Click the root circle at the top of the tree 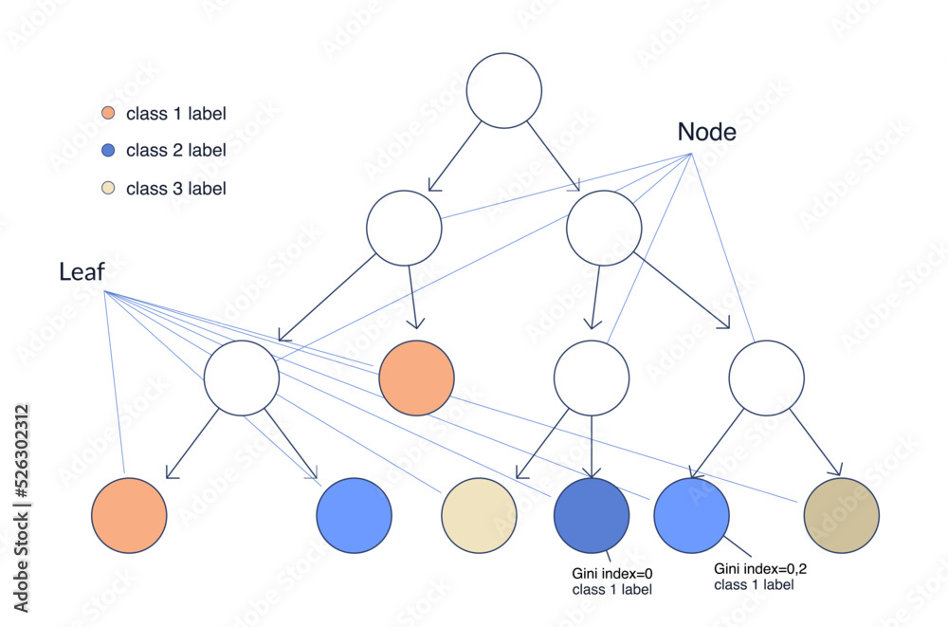point(504,90)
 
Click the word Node point(706,133)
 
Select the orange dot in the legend point(108,115)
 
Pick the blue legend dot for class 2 point(108,151)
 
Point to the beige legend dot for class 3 point(108,188)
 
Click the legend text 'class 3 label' point(175,189)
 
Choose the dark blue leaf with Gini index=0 point(591,515)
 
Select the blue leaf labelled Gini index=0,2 point(692,515)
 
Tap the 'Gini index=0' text point(612,574)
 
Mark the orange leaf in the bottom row point(130,515)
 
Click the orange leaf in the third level point(416,378)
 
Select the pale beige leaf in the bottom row point(480,515)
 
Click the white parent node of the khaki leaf point(767,378)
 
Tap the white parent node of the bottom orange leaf point(242,378)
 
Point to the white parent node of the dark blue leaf point(592,378)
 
